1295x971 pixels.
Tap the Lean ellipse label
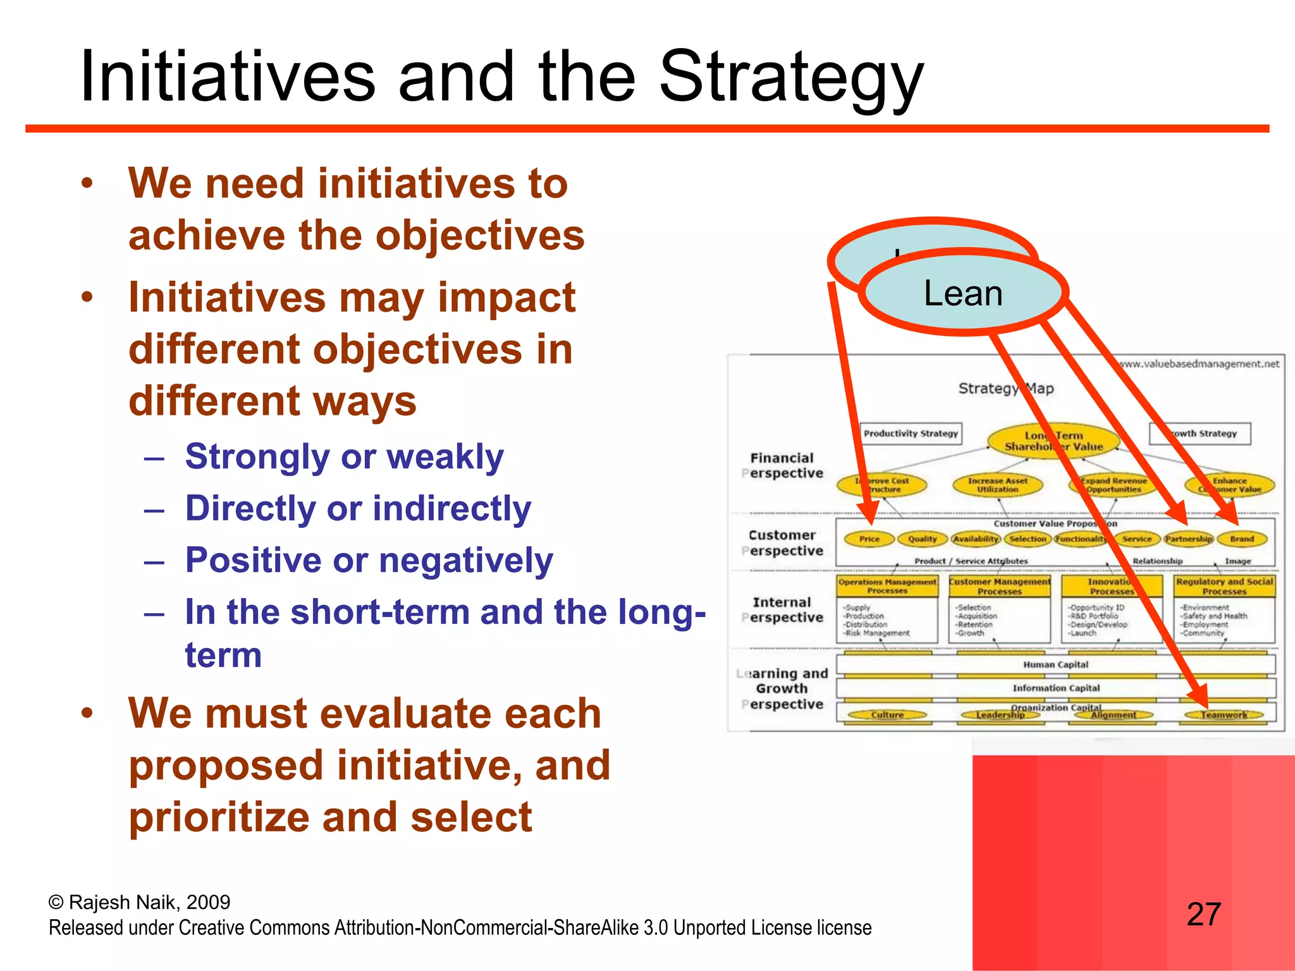coord(962,293)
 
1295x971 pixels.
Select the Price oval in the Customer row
coord(869,539)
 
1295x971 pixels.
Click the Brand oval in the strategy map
coord(1241,539)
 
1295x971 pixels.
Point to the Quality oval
coord(922,539)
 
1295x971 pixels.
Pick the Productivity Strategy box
coord(911,434)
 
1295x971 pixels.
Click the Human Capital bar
coord(1055,664)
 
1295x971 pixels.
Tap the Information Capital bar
coord(1055,688)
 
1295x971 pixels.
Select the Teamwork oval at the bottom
coord(1224,715)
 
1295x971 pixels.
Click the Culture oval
coord(887,715)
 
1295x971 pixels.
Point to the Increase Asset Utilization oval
coord(997,485)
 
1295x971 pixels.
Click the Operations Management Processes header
coord(887,586)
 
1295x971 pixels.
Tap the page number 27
coord(1203,914)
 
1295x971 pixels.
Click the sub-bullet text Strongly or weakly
coord(344,456)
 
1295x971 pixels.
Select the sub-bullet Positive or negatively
coord(369,560)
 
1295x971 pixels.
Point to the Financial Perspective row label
coord(782,465)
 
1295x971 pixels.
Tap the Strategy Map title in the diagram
coord(1005,388)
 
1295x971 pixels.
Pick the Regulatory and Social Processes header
coord(1224,586)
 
